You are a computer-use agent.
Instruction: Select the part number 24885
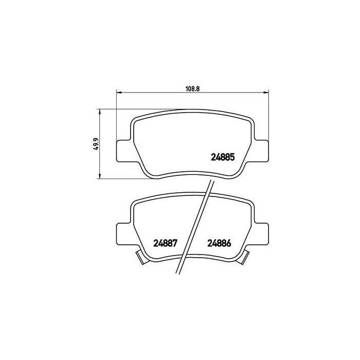(x=223, y=158)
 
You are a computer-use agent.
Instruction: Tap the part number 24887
(x=166, y=244)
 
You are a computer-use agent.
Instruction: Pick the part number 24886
(x=219, y=244)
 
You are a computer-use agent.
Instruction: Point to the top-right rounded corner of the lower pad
(x=251, y=205)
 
